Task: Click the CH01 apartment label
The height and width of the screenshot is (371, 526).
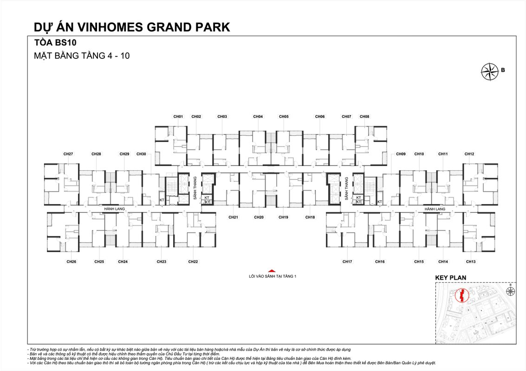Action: coord(178,116)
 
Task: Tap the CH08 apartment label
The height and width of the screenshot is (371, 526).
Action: coord(364,116)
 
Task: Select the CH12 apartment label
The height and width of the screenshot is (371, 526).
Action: coord(469,154)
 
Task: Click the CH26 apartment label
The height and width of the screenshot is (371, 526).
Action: coord(71,262)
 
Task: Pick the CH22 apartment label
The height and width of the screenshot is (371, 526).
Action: coord(193,262)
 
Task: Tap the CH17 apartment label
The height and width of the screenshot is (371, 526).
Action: coord(347,262)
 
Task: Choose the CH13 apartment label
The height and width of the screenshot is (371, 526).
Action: coord(471,262)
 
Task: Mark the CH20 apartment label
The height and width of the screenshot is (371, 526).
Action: coord(259,217)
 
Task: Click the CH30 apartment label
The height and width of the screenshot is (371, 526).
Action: coord(141,154)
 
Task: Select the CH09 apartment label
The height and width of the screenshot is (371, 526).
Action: coord(401,154)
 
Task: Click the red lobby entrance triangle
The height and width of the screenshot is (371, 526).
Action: coord(272,271)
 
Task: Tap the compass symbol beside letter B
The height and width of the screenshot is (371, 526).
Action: coord(489,71)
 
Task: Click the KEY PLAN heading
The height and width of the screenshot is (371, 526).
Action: coord(450,278)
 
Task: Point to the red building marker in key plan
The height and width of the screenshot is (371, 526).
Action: coord(461,295)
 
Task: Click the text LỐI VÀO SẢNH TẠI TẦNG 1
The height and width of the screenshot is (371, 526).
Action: coord(272,276)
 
